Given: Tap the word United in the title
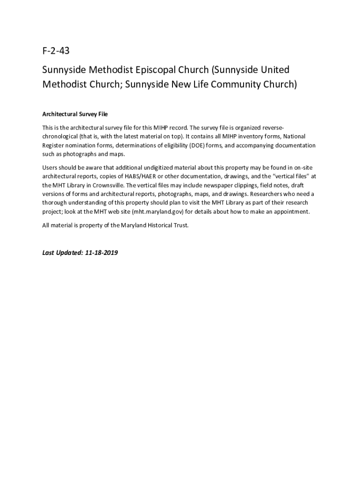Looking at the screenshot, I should tap(274, 70).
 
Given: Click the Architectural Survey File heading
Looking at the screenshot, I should tap(75, 114).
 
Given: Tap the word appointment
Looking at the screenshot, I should tap(291, 211).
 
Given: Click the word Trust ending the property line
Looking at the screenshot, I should tap(180, 225).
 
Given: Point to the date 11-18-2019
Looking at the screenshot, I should tap(101, 253).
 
